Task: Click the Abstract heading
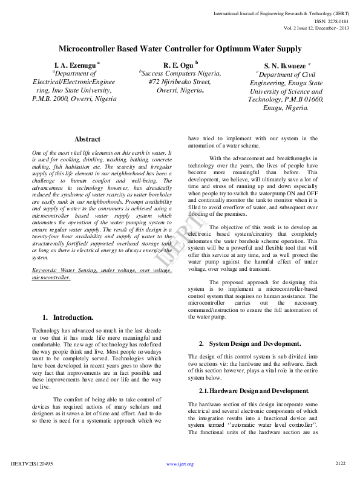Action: coord(87,140)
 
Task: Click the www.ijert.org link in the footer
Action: coord(180,464)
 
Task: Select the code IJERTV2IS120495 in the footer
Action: coord(32,464)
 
